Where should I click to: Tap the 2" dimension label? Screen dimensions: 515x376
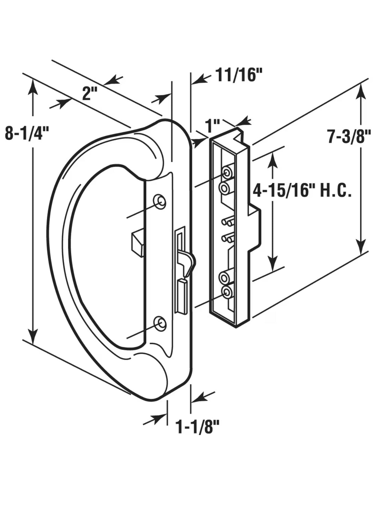point(90,93)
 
